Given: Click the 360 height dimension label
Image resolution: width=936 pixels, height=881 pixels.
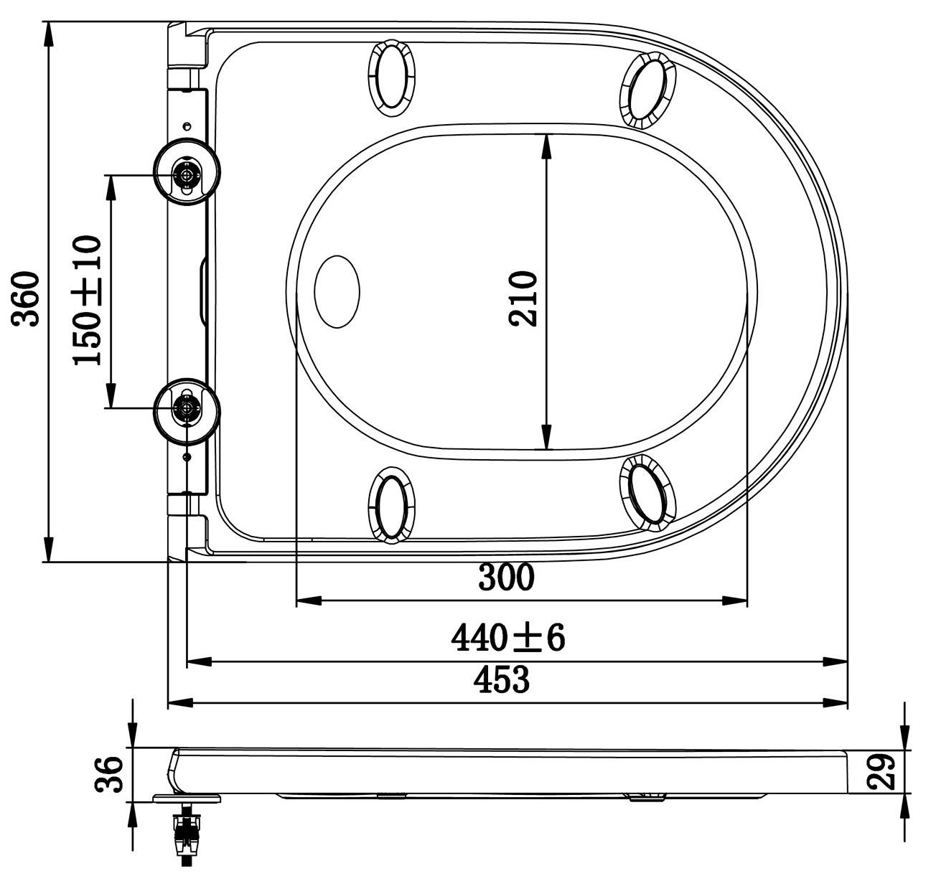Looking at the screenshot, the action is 25,299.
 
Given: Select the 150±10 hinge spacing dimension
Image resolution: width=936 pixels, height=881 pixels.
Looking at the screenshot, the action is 87,300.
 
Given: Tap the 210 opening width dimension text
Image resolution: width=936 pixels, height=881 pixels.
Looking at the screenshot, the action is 523,298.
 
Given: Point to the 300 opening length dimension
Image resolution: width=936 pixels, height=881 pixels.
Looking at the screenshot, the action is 506,578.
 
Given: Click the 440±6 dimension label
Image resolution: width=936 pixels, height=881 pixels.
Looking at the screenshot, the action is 508,639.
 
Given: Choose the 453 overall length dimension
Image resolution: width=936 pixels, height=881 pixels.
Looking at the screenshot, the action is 502,679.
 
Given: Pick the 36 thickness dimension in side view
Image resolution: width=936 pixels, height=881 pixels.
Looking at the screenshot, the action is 109,774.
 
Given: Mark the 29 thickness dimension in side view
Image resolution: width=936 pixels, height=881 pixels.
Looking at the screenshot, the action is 881,772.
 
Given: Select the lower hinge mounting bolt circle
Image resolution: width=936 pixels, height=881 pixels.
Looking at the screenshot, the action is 187,411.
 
